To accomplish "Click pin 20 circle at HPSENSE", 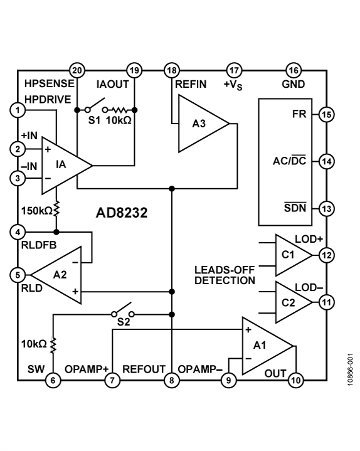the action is tap(77, 70).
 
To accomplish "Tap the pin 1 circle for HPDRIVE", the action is tap(18, 110).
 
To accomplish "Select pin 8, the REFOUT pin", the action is tap(172, 381).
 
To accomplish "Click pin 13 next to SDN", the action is tap(327, 208).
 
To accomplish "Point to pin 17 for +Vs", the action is tap(234, 70).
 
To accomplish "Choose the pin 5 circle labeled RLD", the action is tap(18, 275).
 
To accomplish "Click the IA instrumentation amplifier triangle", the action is tap(67, 166).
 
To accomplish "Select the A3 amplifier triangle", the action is tap(204, 124).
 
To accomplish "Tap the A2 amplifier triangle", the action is tap(56, 275).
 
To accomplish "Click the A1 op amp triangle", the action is tap(267, 346).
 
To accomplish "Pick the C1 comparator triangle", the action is tap(294, 255).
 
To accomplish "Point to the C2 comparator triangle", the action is tap(294, 302).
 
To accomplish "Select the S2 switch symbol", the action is tap(123, 310).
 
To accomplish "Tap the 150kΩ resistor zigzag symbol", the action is tap(56, 208).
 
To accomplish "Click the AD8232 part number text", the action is tap(122, 213).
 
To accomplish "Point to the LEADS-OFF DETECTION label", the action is tap(225, 275).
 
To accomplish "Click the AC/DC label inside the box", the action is tap(290, 160).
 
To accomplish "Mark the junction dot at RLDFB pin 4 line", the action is tap(56, 232).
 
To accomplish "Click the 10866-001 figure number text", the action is tap(350, 369).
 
